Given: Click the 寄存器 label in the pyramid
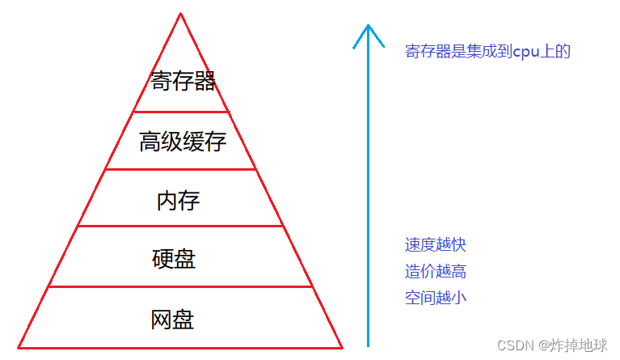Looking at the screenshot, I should point(183,81).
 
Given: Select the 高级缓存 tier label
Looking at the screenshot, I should point(182,142).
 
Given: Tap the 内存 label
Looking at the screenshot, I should point(178,200).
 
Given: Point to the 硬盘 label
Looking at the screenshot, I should point(174,259).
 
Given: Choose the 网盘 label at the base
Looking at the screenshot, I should point(172,319).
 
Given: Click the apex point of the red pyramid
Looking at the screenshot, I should point(180,14).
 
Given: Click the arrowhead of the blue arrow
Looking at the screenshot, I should point(368,28).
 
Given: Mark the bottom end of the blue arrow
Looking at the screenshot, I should point(369,345).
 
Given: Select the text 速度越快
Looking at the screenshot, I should point(436,244).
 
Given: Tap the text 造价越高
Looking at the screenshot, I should point(436,271).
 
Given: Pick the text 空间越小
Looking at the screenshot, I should point(436,298).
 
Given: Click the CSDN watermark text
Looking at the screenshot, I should point(513,345).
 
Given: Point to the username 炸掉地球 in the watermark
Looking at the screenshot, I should point(579,345).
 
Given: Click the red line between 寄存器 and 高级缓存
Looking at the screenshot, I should point(181,112).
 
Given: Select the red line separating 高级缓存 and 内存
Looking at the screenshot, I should point(181,169).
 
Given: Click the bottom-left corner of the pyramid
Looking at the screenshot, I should point(19,347).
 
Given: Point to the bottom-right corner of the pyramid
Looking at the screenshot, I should point(342,347).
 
